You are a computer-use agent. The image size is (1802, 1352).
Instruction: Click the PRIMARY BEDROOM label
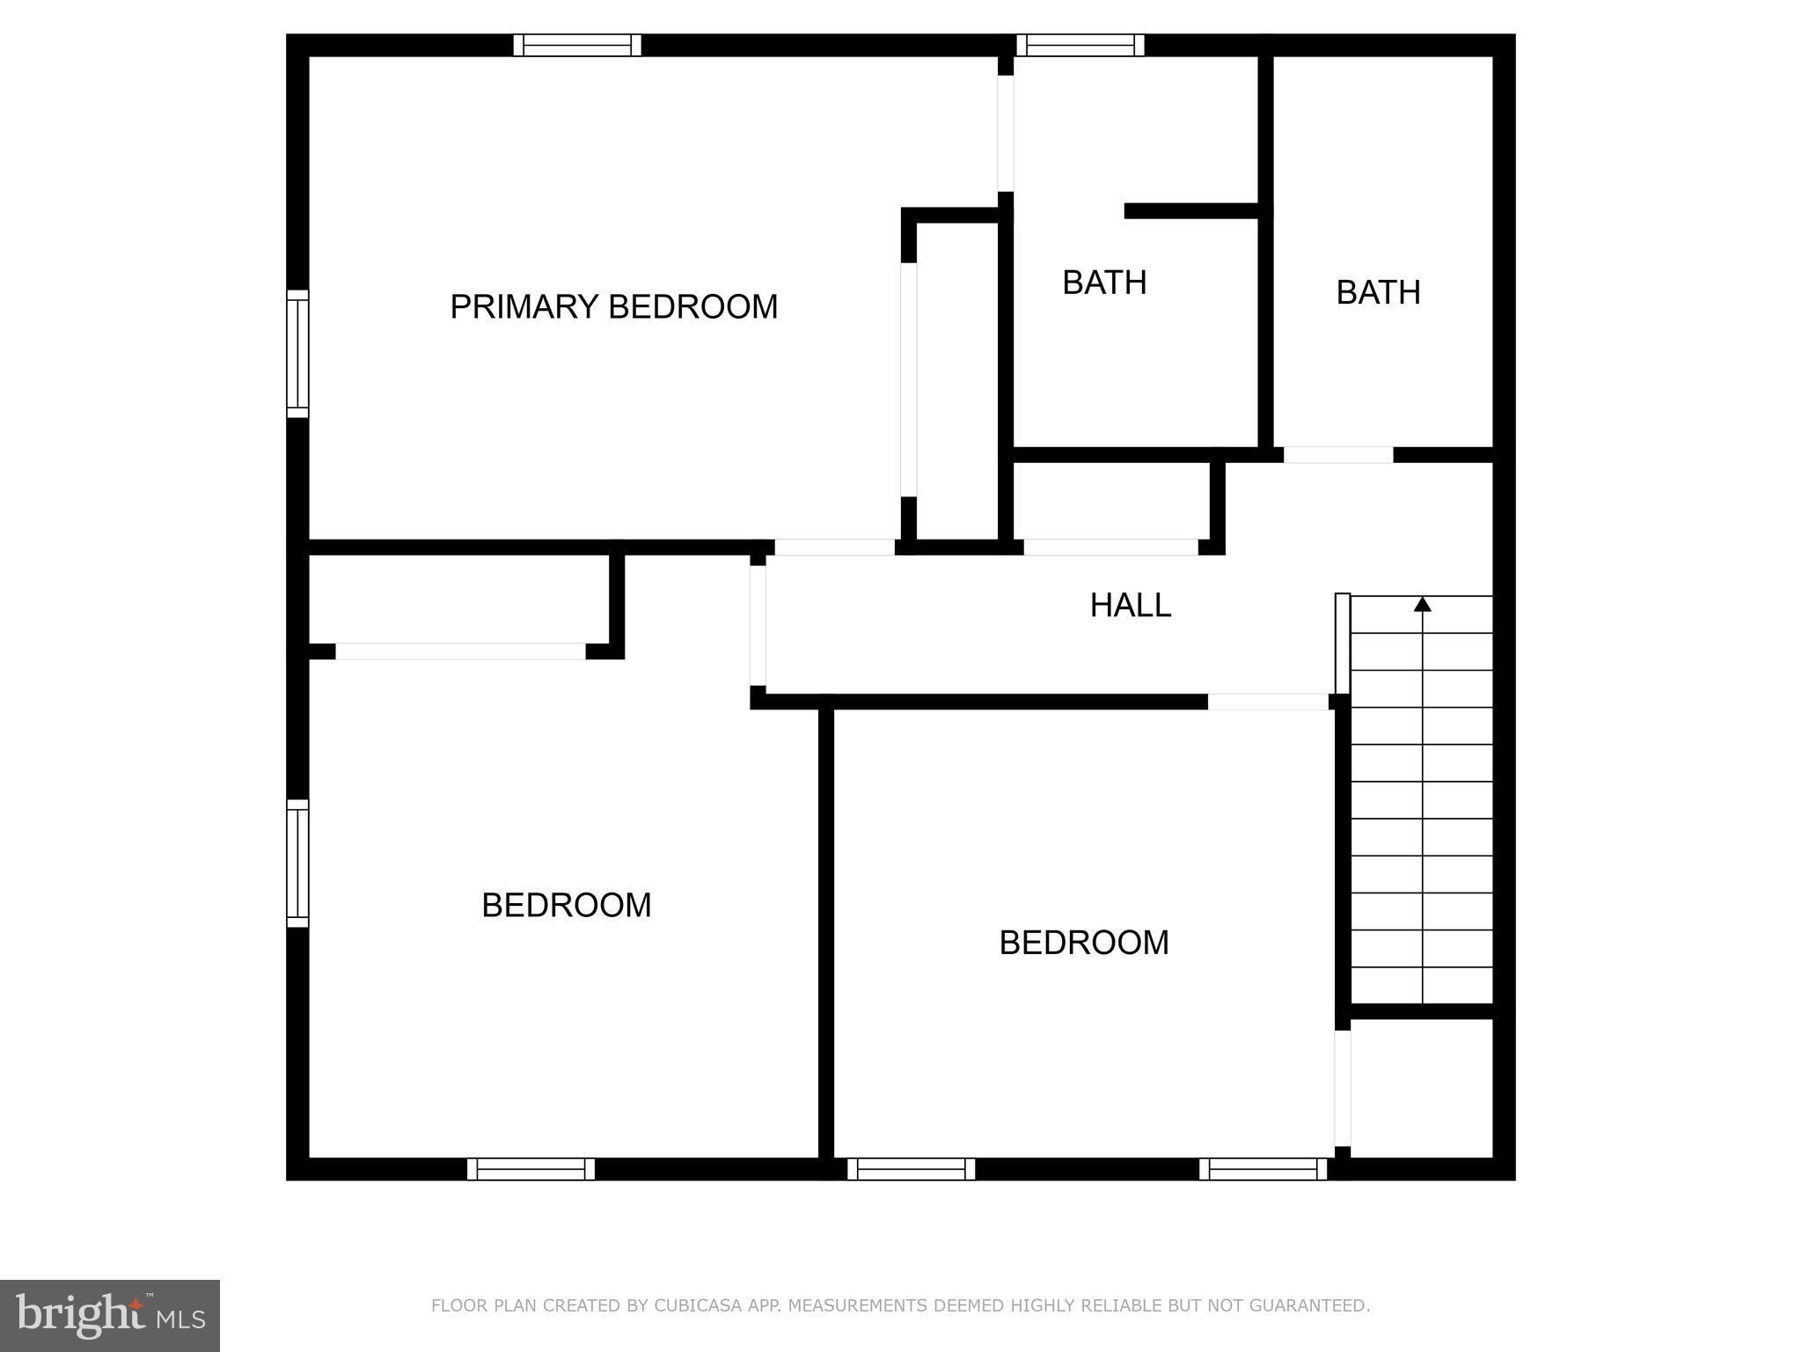613,307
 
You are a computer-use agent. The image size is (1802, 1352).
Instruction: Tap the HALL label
1130,606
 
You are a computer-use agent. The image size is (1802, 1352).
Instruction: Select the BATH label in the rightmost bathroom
1378,292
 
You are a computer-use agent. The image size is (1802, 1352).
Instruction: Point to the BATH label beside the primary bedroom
1104,283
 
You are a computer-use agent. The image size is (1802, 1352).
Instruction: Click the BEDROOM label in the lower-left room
566,905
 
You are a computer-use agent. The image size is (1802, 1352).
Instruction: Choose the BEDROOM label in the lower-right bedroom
1083,943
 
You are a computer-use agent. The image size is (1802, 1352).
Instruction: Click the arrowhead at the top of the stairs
1422,604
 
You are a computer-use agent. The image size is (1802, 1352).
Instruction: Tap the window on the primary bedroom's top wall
577,45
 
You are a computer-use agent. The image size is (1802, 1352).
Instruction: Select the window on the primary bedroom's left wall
298,354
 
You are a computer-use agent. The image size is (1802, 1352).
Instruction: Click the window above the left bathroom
1080,45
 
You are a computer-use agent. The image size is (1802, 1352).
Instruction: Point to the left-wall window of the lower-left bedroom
298,863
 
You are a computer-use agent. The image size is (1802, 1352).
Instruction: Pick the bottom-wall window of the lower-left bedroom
531,1169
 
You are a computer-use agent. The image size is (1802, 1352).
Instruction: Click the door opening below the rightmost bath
1337,455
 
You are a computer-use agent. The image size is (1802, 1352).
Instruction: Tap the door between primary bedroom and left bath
1005,133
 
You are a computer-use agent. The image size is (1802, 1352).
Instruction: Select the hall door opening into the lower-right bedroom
1267,702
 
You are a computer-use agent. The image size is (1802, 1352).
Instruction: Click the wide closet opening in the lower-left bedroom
460,651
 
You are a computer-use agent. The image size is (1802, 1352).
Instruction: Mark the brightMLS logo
110,1315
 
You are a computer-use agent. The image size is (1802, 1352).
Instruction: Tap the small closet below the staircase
1420,1087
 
